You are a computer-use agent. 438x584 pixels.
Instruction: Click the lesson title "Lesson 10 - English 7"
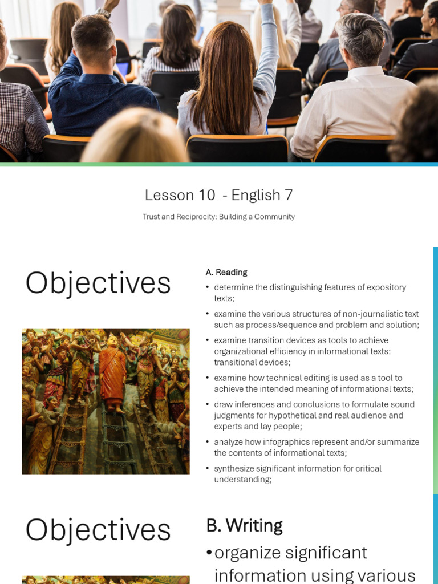coord(218,195)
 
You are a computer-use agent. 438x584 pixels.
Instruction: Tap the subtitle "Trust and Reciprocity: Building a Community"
coord(218,217)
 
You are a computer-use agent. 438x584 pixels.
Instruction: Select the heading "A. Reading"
coord(226,272)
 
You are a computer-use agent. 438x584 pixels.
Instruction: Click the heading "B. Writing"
coord(244,525)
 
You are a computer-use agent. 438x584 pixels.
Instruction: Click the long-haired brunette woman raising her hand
coord(229,75)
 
